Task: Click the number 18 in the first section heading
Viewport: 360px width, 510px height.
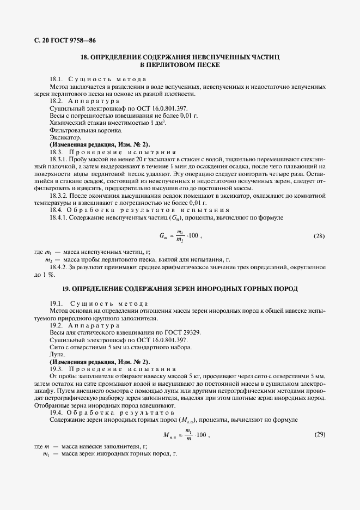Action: click(x=84, y=57)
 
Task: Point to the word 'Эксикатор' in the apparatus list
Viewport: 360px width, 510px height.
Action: click(x=63, y=138)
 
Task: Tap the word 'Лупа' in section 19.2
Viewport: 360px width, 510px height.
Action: click(x=57, y=355)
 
